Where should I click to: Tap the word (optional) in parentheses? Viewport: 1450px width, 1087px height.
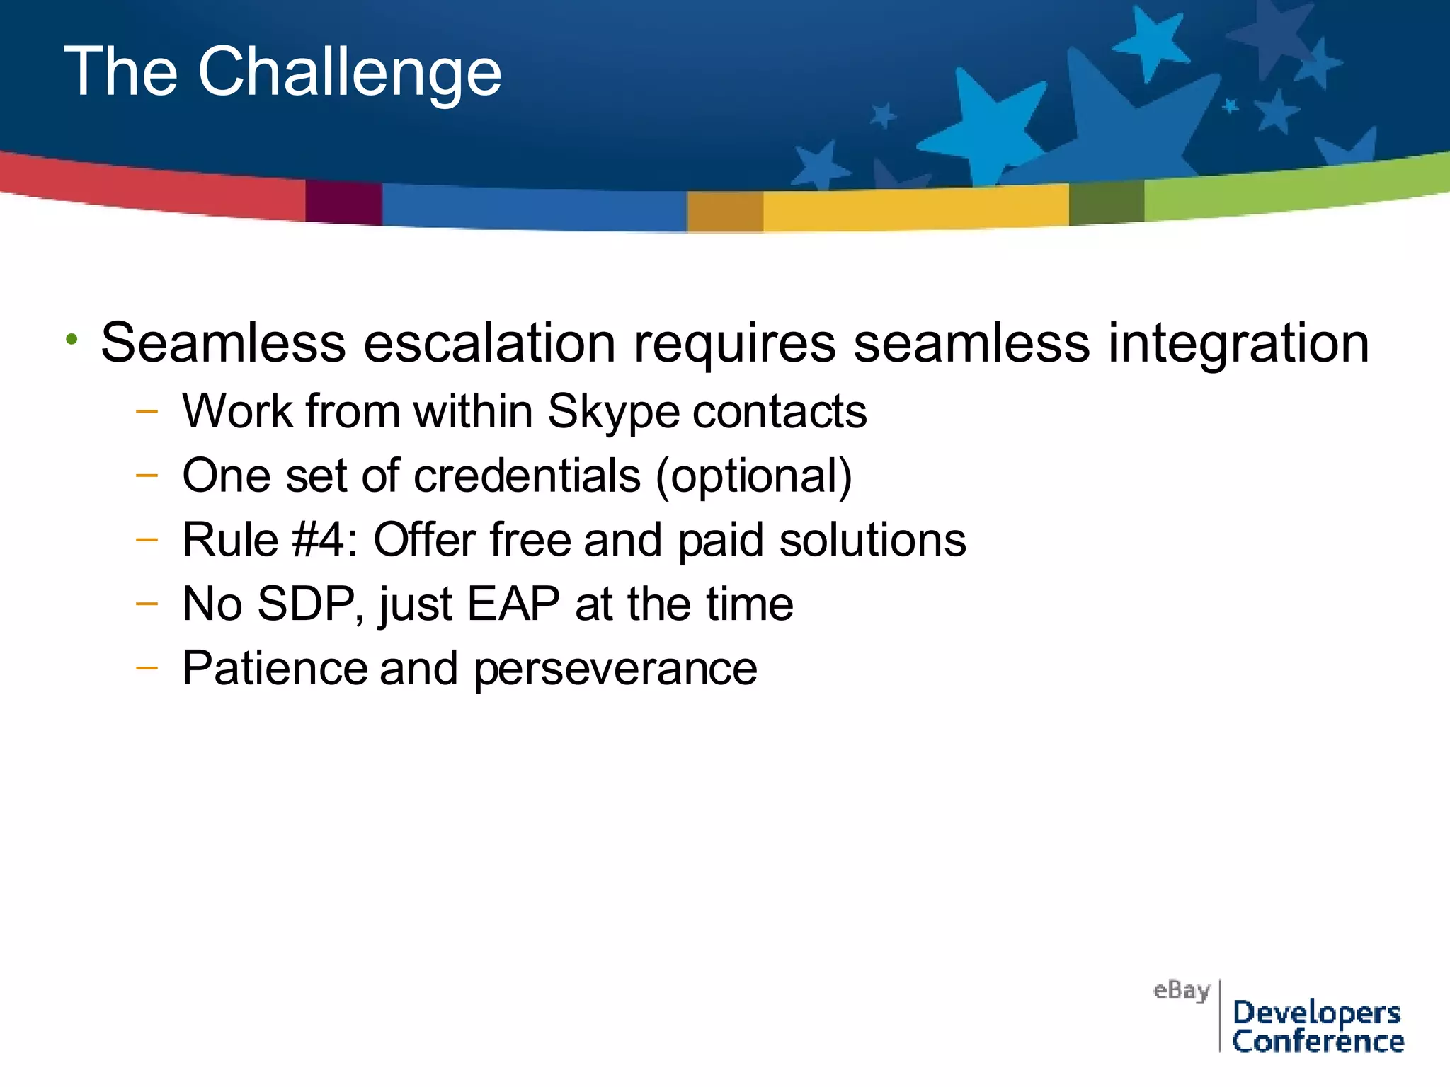pyautogui.click(x=753, y=476)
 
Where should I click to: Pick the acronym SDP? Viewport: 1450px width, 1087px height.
pyautogui.click(x=310, y=604)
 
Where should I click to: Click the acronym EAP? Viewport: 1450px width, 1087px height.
pyautogui.click(x=513, y=604)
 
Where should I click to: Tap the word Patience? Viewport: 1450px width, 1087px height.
pyautogui.click(x=275, y=668)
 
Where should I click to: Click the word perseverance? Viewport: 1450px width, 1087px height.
pyautogui.click(x=615, y=669)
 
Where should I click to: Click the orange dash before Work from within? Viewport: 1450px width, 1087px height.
pyautogui.click(x=147, y=410)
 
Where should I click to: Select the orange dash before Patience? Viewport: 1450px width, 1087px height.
pyautogui.click(x=147, y=667)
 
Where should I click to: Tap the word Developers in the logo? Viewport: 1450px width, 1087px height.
pyautogui.click(x=1316, y=1012)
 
